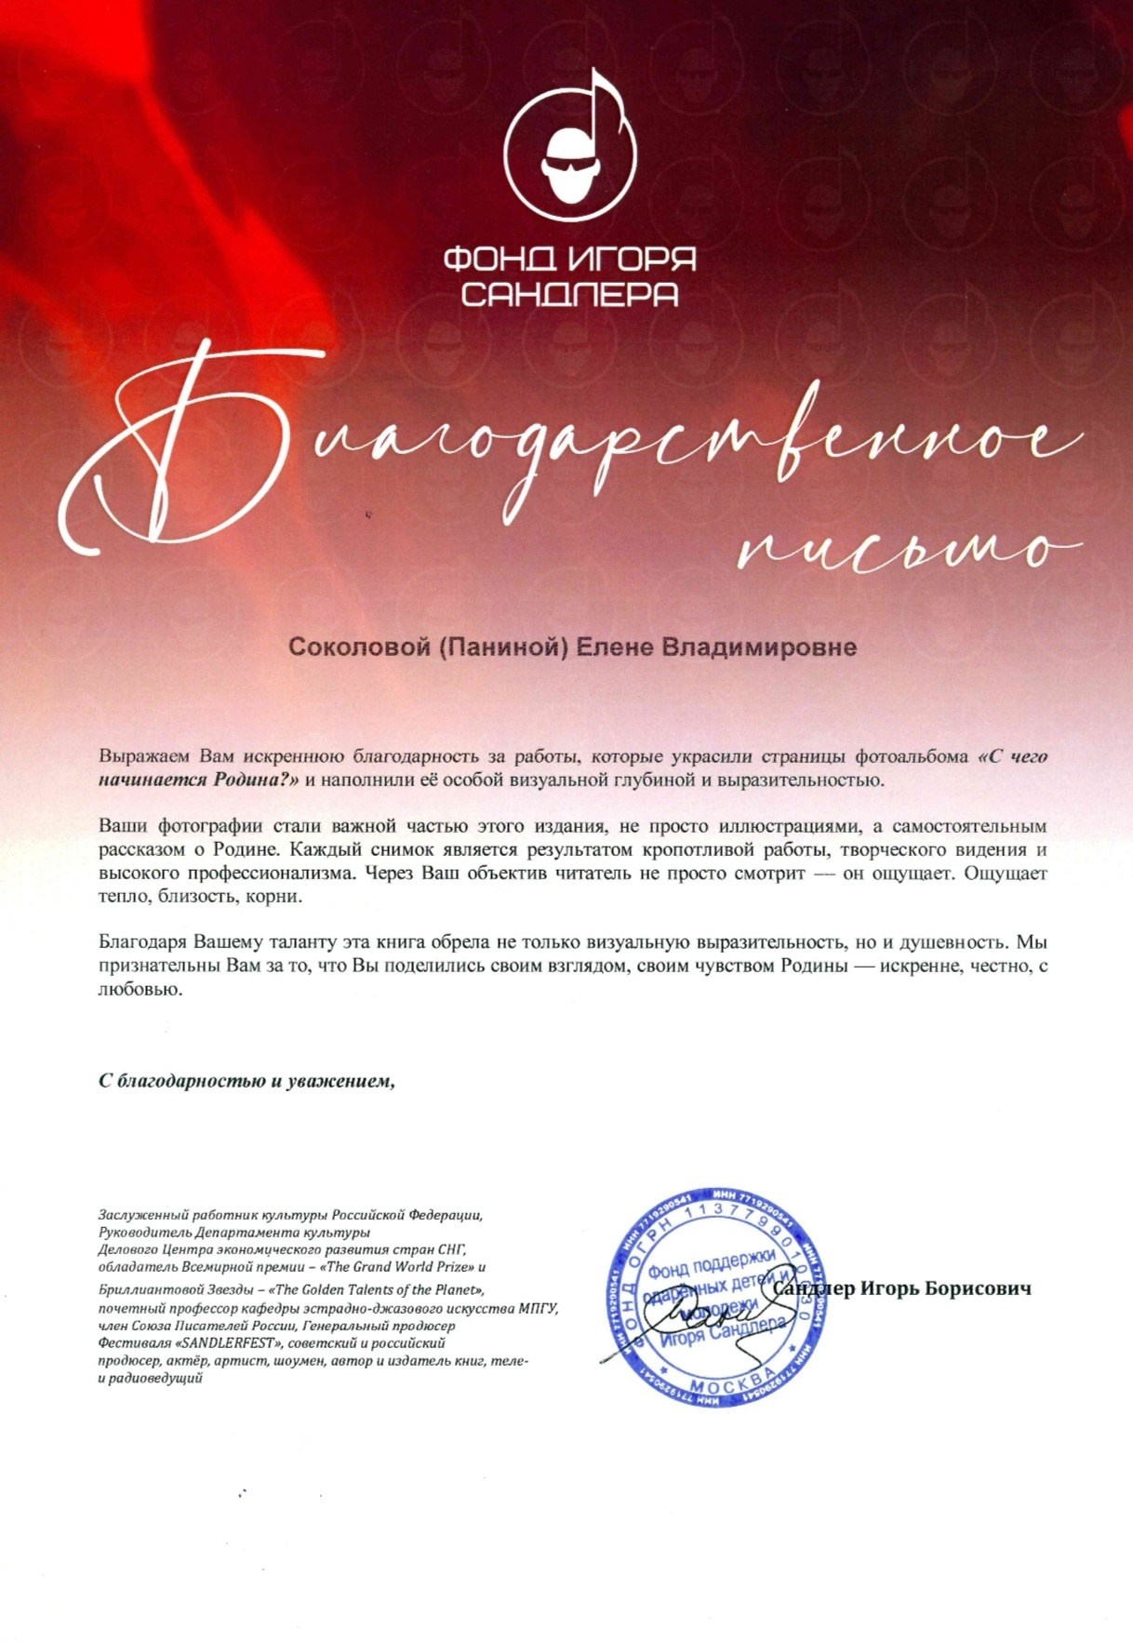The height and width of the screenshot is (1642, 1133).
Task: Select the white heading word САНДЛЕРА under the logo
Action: (x=569, y=294)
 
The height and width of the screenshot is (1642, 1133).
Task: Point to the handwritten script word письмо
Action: (x=907, y=549)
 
